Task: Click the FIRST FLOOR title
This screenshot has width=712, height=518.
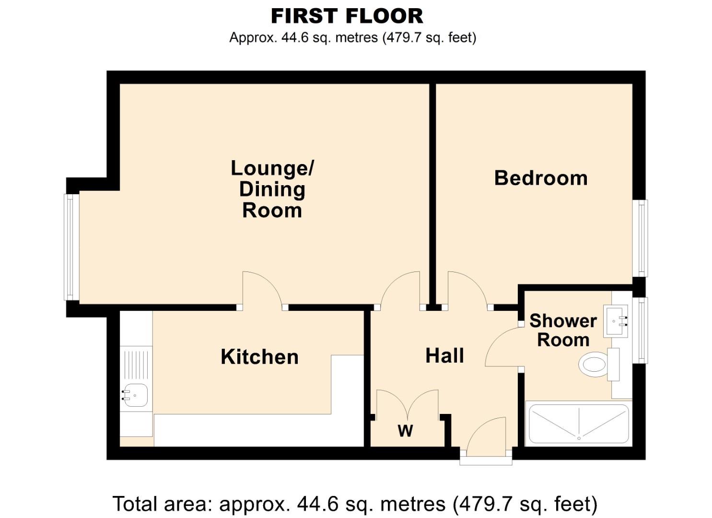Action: (x=347, y=16)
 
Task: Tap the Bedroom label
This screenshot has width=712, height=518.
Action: (x=540, y=178)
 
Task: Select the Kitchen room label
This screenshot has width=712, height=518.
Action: (x=259, y=357)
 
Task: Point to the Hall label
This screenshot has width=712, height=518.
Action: (x=444, y=356)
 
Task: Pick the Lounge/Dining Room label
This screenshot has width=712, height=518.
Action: (x=272, y=189)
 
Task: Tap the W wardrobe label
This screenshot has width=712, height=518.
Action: (x=405, y=431)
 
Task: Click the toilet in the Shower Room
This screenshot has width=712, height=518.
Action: (x=595, y=365)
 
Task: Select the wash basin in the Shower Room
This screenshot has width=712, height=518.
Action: (x=617, y=321)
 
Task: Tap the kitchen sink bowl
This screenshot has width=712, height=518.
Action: (x=136, y=395)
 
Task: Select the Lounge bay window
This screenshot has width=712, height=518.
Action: (x=70, y=247)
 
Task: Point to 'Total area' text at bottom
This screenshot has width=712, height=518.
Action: (x=355, y=504)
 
